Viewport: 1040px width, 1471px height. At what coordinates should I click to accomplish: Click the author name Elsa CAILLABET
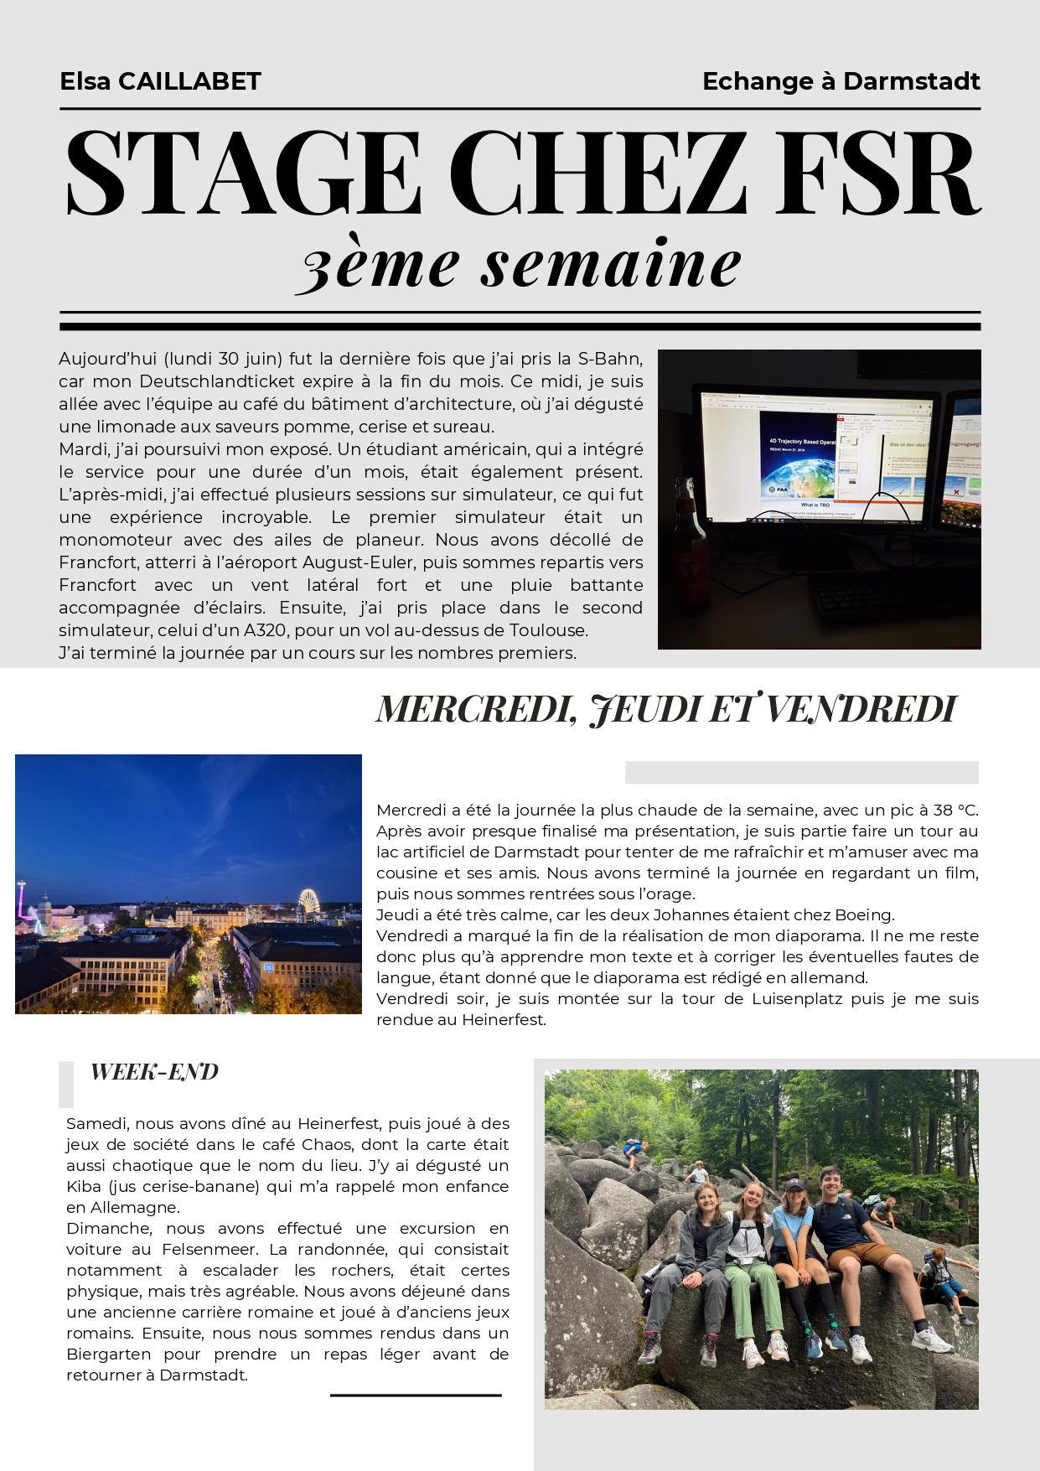[x=160, y=81]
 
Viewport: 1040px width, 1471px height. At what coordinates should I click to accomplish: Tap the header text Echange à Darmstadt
[x=841, y=81]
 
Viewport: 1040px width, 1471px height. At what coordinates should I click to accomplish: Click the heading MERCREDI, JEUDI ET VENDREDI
[x=665, y=709]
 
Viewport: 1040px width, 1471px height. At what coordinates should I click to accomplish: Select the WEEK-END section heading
[x=154, y=1072]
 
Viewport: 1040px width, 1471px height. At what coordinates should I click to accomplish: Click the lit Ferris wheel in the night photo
[x=310, y=902]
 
